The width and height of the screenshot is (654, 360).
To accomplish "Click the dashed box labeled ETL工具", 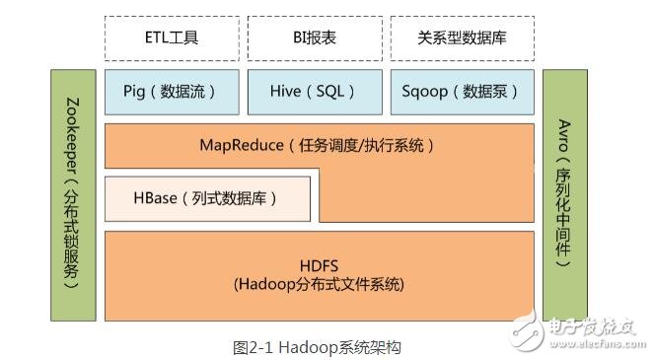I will coord(172,37).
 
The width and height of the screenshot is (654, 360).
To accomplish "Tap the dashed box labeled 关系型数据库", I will coord(462,37).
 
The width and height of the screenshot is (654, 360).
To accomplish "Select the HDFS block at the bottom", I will coord(319,274).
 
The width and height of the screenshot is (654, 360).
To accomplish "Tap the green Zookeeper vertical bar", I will coord(74,194).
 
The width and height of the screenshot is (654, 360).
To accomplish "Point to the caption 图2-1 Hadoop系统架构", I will coord(317,346).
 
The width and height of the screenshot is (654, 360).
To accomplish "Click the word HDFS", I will coord(319,265).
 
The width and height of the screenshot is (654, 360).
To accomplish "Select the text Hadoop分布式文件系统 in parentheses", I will coord(319,284).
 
